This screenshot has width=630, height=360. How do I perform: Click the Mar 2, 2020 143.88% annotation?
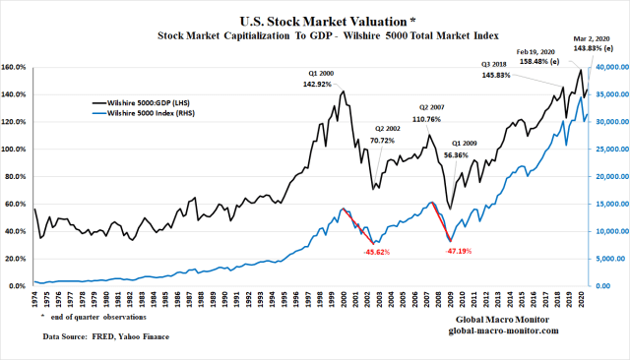593,43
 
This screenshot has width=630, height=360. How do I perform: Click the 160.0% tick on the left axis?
16,68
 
